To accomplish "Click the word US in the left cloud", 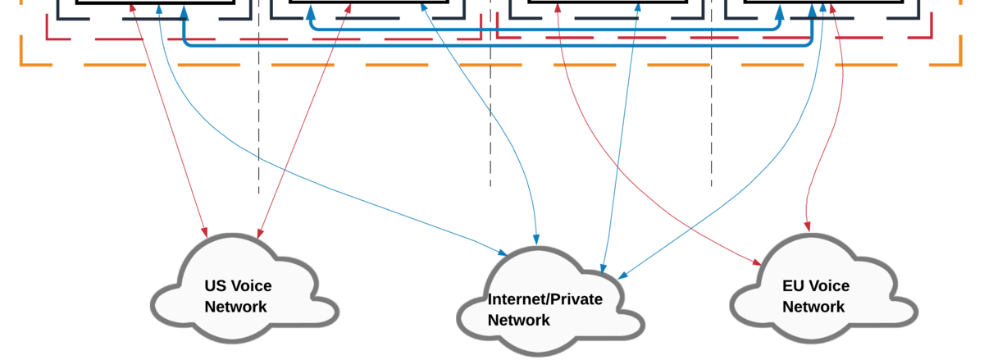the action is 214,285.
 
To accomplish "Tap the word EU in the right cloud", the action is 792,285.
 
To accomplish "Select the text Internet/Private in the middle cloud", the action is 545,299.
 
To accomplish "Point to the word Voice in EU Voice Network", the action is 828,285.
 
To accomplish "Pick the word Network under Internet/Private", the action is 519,320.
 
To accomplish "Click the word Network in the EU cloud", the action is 813,307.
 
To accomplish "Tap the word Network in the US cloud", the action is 235,307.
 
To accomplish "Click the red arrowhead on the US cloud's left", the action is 204,233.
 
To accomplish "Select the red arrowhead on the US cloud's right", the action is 260,234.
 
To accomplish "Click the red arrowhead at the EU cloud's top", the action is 808,226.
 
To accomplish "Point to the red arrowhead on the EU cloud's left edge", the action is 757,262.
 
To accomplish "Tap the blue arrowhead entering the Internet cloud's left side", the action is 503,253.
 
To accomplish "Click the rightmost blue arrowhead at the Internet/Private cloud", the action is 623,276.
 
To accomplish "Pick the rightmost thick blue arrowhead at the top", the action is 813,11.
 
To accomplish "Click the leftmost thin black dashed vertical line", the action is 259,97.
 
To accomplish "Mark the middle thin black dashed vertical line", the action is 490,93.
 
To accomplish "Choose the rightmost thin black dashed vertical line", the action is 712,93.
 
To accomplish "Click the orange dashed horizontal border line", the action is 491,65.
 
